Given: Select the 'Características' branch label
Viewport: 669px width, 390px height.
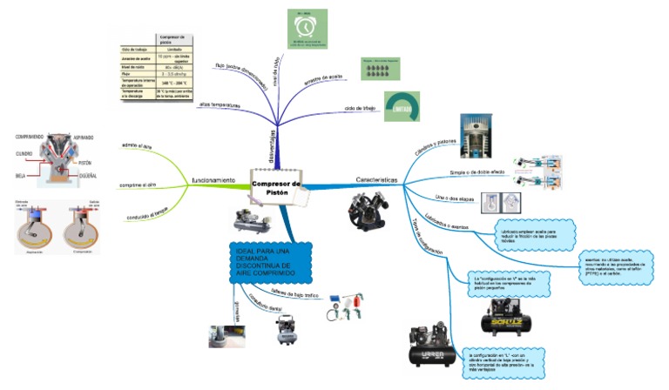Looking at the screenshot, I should click(376, 180).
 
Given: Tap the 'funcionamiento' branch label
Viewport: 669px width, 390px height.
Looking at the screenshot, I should click(213, 180).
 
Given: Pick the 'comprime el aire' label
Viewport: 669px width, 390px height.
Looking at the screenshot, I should click(139, 185).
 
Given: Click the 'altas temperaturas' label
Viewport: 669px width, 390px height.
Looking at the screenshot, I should click(220, 104).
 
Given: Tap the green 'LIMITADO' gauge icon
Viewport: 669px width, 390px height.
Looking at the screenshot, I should click(402, 108).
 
